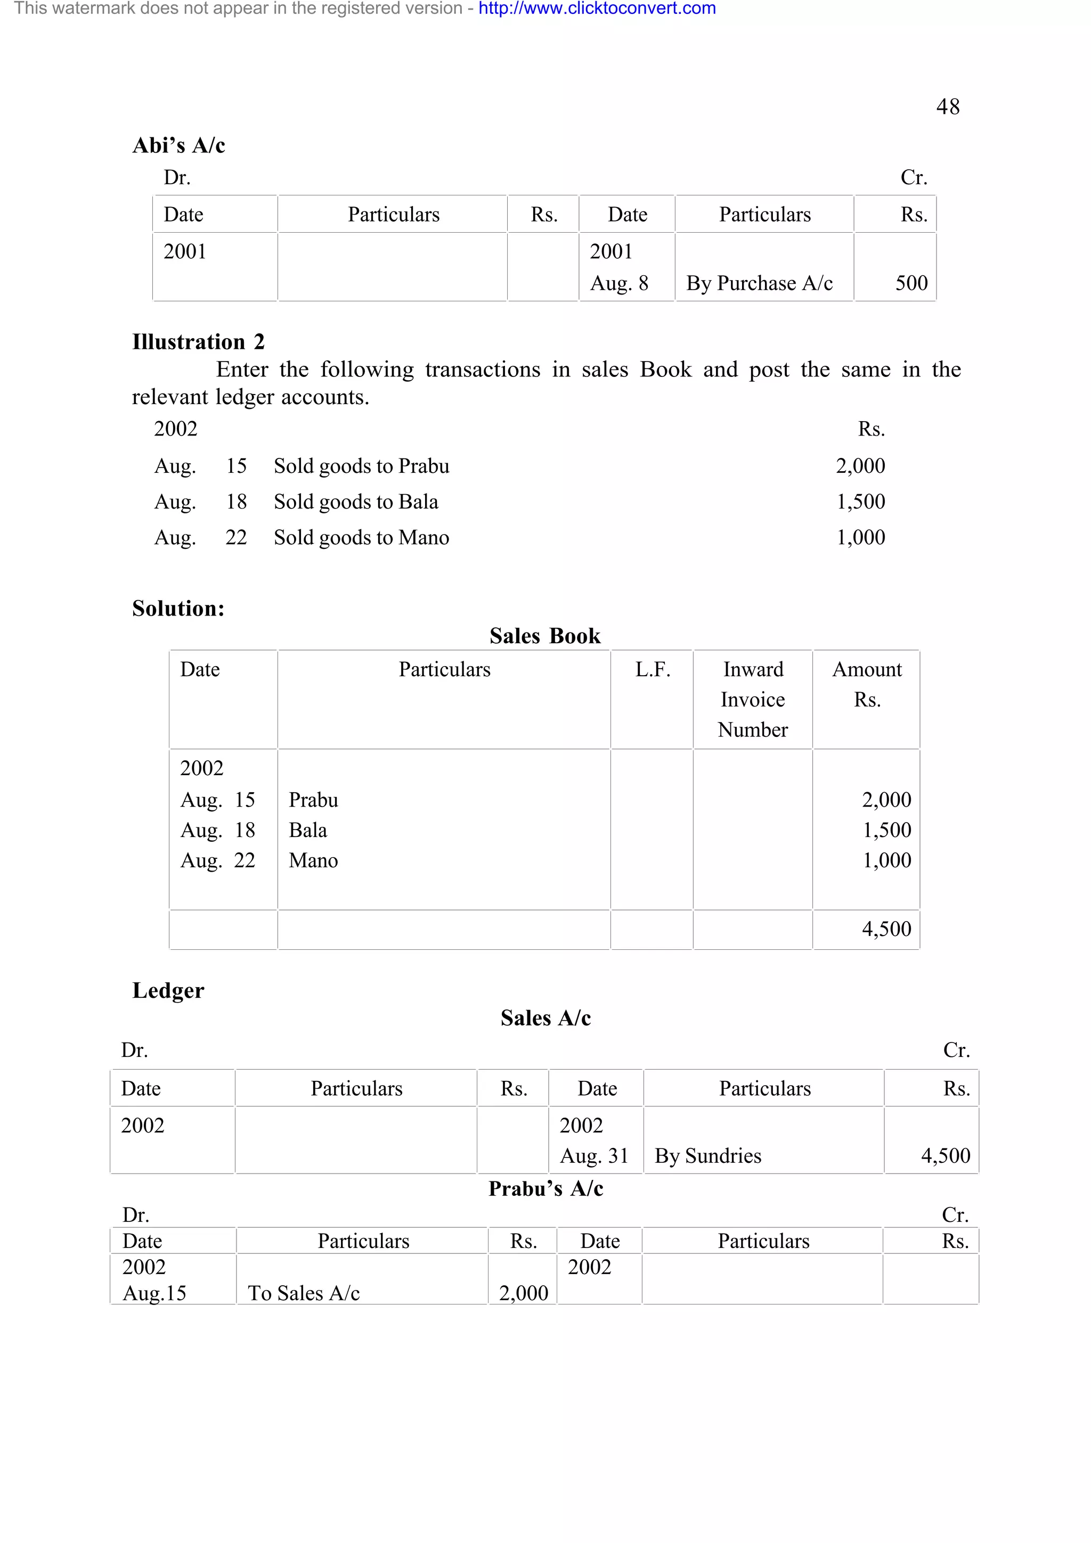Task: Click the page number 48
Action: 947,107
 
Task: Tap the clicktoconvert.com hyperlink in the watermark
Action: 597,9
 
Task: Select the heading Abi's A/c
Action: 179,145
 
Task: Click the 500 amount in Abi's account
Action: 911,283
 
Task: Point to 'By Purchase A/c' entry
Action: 759,283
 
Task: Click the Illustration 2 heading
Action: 198,342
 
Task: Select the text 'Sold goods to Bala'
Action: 356,502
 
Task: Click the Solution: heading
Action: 178,608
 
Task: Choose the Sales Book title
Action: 544,636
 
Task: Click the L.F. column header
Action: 652,669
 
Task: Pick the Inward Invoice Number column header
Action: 752,699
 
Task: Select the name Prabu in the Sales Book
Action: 313,800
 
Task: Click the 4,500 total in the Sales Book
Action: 886,929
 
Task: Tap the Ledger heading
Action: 168,990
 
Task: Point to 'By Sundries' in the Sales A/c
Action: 708,1155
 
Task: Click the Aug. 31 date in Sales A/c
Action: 593,1155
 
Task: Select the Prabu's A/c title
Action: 545,1188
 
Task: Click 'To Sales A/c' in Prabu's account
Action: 304,1292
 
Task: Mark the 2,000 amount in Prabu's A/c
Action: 523,1292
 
